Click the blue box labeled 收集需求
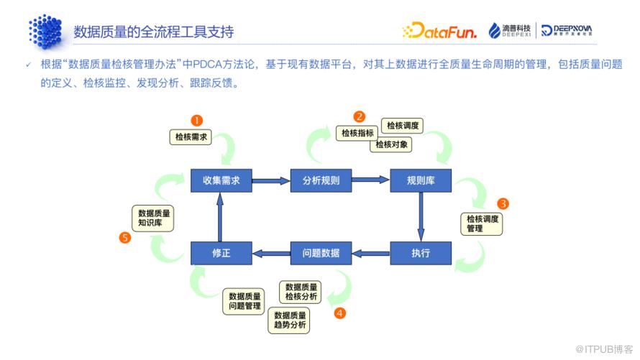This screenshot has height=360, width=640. point(221,180)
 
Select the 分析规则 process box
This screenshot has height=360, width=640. point(321,180)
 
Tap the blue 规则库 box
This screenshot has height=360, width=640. point(421,180)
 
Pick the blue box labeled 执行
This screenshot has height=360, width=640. point(421,253)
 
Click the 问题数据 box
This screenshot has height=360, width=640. point(321,253)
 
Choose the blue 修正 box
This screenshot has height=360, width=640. point(221,253)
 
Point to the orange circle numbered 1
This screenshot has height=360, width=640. point(197,121)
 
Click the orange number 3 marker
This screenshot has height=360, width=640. point(503,203)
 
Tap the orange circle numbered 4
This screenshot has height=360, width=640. point(339,313)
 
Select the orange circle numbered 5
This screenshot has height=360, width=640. point(125,237)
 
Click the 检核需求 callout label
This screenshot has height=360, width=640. point(191,137)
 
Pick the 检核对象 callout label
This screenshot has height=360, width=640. point(391,144)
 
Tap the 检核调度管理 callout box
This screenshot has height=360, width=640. point(482,223)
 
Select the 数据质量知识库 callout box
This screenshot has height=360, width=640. point(153,218)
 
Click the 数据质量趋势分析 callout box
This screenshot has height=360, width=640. point(289,320)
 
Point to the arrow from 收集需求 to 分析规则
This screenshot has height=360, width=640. point(271,180)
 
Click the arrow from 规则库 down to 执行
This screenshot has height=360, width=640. point(421,217)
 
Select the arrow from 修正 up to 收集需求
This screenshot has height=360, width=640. point(220,217)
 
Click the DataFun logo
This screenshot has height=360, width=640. point(439,31)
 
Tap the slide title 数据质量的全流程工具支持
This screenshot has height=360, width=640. point(153,32)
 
